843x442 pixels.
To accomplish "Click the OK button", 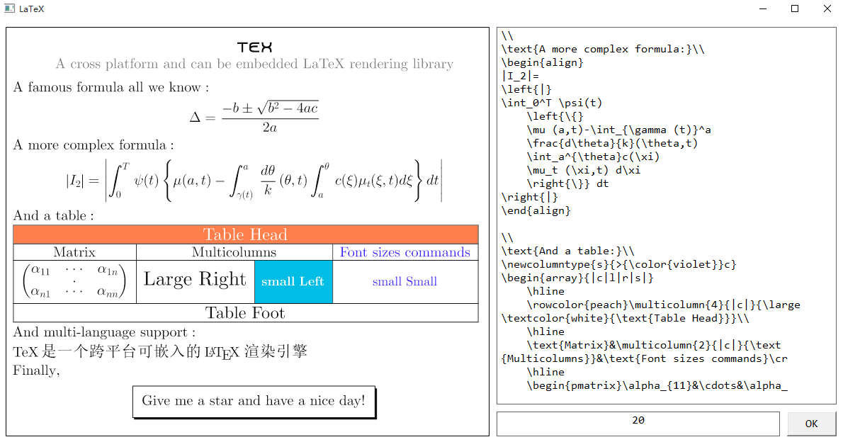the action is click(811, 424).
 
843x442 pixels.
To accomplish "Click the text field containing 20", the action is click(638, 423).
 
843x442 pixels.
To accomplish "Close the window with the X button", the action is click(827, 9).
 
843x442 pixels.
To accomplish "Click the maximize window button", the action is click(795, 9).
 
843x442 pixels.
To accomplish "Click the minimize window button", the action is click(763, 9).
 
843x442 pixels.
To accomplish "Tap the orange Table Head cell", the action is click(245, 234).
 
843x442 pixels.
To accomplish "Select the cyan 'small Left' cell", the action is click(293, 281).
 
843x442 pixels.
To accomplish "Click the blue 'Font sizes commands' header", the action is click(404, 252).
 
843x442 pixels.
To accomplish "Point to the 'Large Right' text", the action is click(195, 279).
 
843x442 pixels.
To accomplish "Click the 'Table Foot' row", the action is click(245, 313).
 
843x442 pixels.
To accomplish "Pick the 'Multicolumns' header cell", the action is click(234, 252).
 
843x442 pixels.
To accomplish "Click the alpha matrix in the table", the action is click(74, 281).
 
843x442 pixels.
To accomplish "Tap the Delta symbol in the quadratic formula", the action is click(197, 117).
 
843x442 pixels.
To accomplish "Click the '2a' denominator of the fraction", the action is click(269, 128).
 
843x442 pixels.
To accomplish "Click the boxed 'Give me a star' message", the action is click(254, 401).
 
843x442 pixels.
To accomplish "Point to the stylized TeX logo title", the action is click(254, 47).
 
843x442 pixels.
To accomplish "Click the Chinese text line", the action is click(160, 351).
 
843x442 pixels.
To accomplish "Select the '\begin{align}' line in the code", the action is click(542, 62).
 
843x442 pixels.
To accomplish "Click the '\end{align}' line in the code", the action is click(536, 210).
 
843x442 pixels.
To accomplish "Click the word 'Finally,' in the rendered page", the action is click(36, 370).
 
